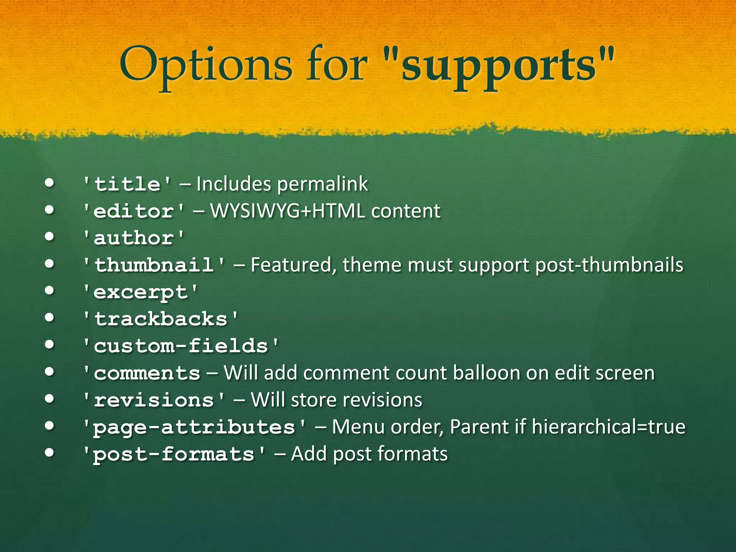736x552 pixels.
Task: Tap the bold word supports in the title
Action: (x=499, y=65)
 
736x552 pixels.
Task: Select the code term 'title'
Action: (x=127, y=184)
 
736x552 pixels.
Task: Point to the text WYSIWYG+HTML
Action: (x=287, y=211)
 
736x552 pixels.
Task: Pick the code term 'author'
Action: (x=134, y=238)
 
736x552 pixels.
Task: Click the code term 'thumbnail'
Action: (x=154, y=265)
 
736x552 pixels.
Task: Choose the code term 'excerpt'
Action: (x=140, y=292)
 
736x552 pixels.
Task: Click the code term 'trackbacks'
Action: (x=161, y=319)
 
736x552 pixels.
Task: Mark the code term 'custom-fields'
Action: (x=181, y=346)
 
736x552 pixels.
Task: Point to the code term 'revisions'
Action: (x=154, y=400)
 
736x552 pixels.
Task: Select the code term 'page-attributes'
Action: (x=194, y=427)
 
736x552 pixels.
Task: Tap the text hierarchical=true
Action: (x=608, y=427)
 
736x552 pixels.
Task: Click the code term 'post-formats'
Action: (x=174, y=454)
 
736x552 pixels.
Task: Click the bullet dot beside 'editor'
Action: (x=50, y=210)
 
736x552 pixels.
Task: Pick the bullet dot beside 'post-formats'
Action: (x=50, y=453)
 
